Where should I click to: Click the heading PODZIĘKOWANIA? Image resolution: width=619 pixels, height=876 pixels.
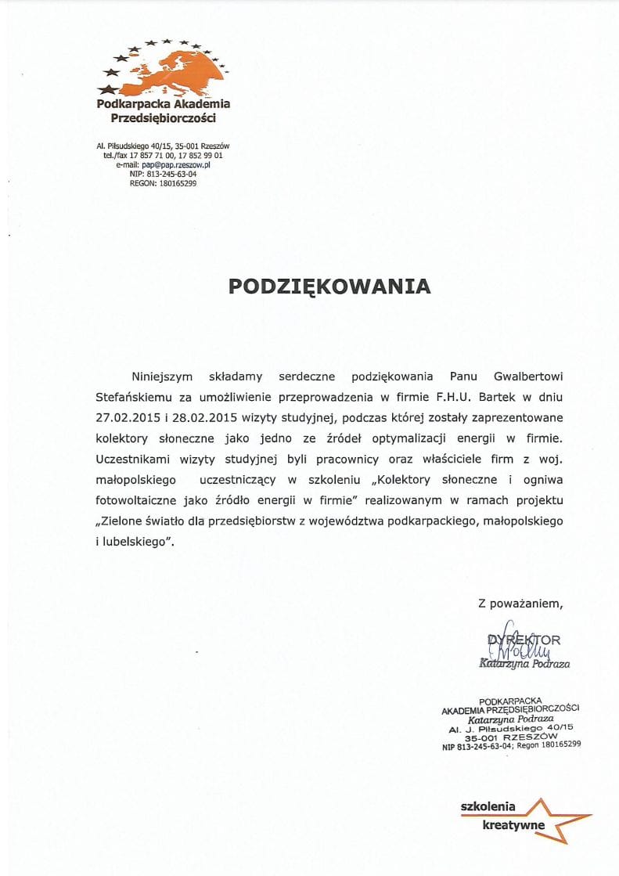[329, 287]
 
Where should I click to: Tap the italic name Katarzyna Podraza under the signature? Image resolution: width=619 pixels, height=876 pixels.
[524, 664]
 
